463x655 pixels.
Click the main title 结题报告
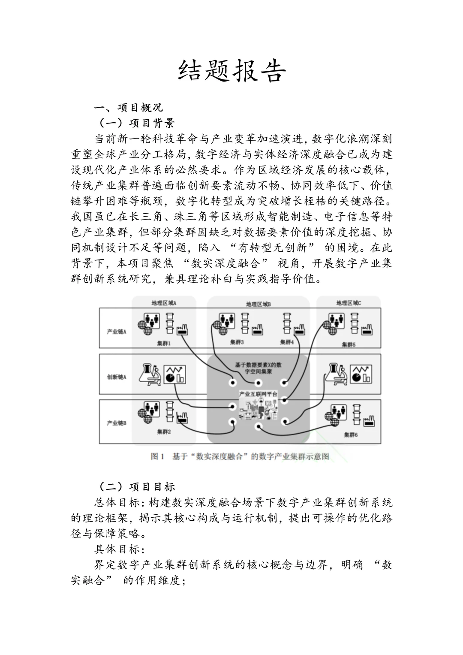(231, 71)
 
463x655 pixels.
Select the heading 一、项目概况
(128, 107)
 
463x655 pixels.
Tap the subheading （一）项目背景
(137, 123)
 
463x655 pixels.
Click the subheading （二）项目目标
(137, 486)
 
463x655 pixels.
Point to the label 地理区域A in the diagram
(164, 303)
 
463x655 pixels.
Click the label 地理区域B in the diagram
(258, 304)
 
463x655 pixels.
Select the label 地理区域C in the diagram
(349, 303)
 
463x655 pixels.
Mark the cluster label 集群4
(287, 342)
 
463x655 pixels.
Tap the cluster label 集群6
(351, 435)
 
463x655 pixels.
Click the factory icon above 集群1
(183, 329)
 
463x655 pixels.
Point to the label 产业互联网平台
(258, 394)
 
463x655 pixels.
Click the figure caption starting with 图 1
(240, 456)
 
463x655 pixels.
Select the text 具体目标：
(120, 549)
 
